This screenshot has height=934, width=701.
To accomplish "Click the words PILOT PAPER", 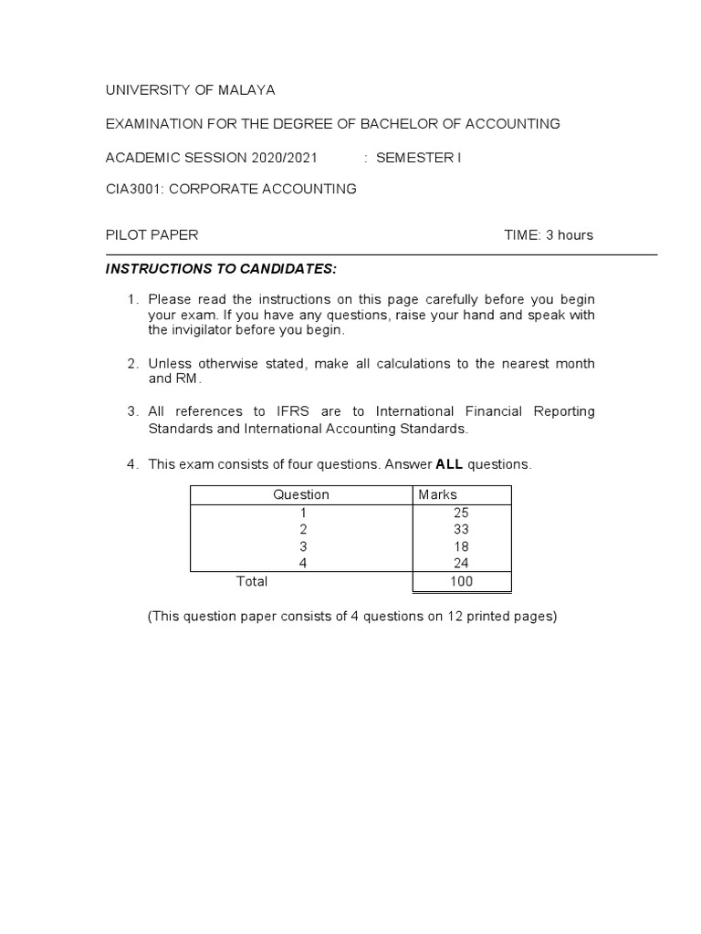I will click(152, 234).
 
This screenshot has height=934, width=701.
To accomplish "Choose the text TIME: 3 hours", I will click(549, 234).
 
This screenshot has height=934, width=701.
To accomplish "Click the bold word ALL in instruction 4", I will click(449, 464).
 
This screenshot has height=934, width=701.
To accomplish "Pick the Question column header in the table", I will click(301, 494).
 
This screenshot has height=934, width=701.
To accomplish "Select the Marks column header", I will click(437, 494).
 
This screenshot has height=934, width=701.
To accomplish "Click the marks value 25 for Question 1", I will click(461, 512).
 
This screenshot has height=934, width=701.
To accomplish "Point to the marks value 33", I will click(461, 529).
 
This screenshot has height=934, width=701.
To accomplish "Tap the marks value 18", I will click(461, 546).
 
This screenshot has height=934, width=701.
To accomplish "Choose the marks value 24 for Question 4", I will click(461, 564).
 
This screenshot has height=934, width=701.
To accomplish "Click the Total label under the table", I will click(252, 581).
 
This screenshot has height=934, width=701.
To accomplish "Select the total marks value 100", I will click(461, 581).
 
